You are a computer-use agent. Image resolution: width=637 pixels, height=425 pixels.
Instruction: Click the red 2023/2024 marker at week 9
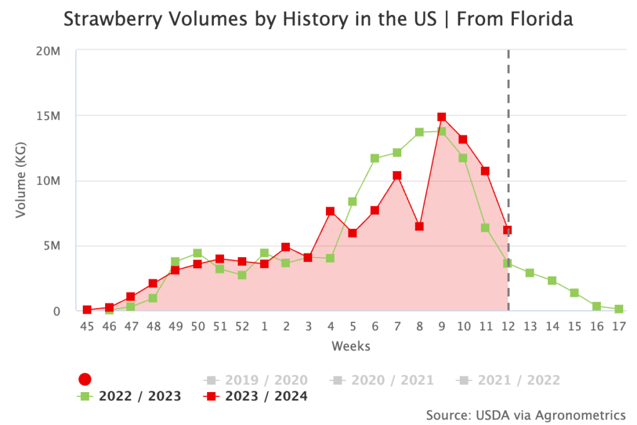coord(441,117)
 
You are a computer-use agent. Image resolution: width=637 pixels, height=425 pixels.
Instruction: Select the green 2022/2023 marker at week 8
coord(419,132)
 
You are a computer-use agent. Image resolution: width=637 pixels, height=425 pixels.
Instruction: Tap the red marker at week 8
coord(419,227)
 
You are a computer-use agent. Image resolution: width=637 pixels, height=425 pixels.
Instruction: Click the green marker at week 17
coord(619,309)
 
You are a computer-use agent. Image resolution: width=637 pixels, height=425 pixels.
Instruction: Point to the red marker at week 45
coord(87,310)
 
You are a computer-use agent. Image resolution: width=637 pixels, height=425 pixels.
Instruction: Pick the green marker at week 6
coord(374,158)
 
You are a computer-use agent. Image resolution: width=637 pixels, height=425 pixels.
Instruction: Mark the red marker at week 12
coord(508,230)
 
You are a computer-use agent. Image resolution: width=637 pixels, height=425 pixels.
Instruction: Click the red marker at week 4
coord(330,211)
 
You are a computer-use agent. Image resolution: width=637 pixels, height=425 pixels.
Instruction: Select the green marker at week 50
coord(197,253)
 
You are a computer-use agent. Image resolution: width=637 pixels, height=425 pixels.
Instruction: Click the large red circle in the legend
coord(85,380)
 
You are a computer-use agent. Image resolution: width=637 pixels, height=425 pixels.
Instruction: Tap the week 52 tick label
coord(242,327)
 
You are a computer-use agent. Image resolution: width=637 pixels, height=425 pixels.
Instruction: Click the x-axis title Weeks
coord(351,346)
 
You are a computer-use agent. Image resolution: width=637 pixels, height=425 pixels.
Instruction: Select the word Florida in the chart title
coord(539,21)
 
